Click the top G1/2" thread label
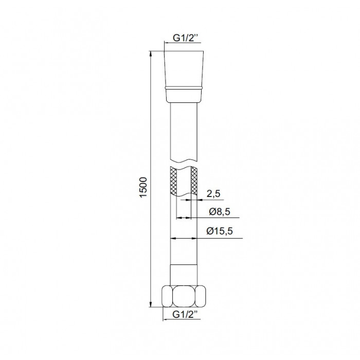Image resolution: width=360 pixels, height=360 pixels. point(185,38)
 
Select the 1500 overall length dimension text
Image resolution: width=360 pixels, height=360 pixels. point(143,187)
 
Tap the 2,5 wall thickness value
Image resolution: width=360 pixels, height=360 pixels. point(213,194)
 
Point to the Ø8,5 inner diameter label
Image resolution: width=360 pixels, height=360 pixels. point(220,211)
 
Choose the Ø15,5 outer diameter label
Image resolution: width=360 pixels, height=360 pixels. point(220,231)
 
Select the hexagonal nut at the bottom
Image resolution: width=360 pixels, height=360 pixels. point(184,296)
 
